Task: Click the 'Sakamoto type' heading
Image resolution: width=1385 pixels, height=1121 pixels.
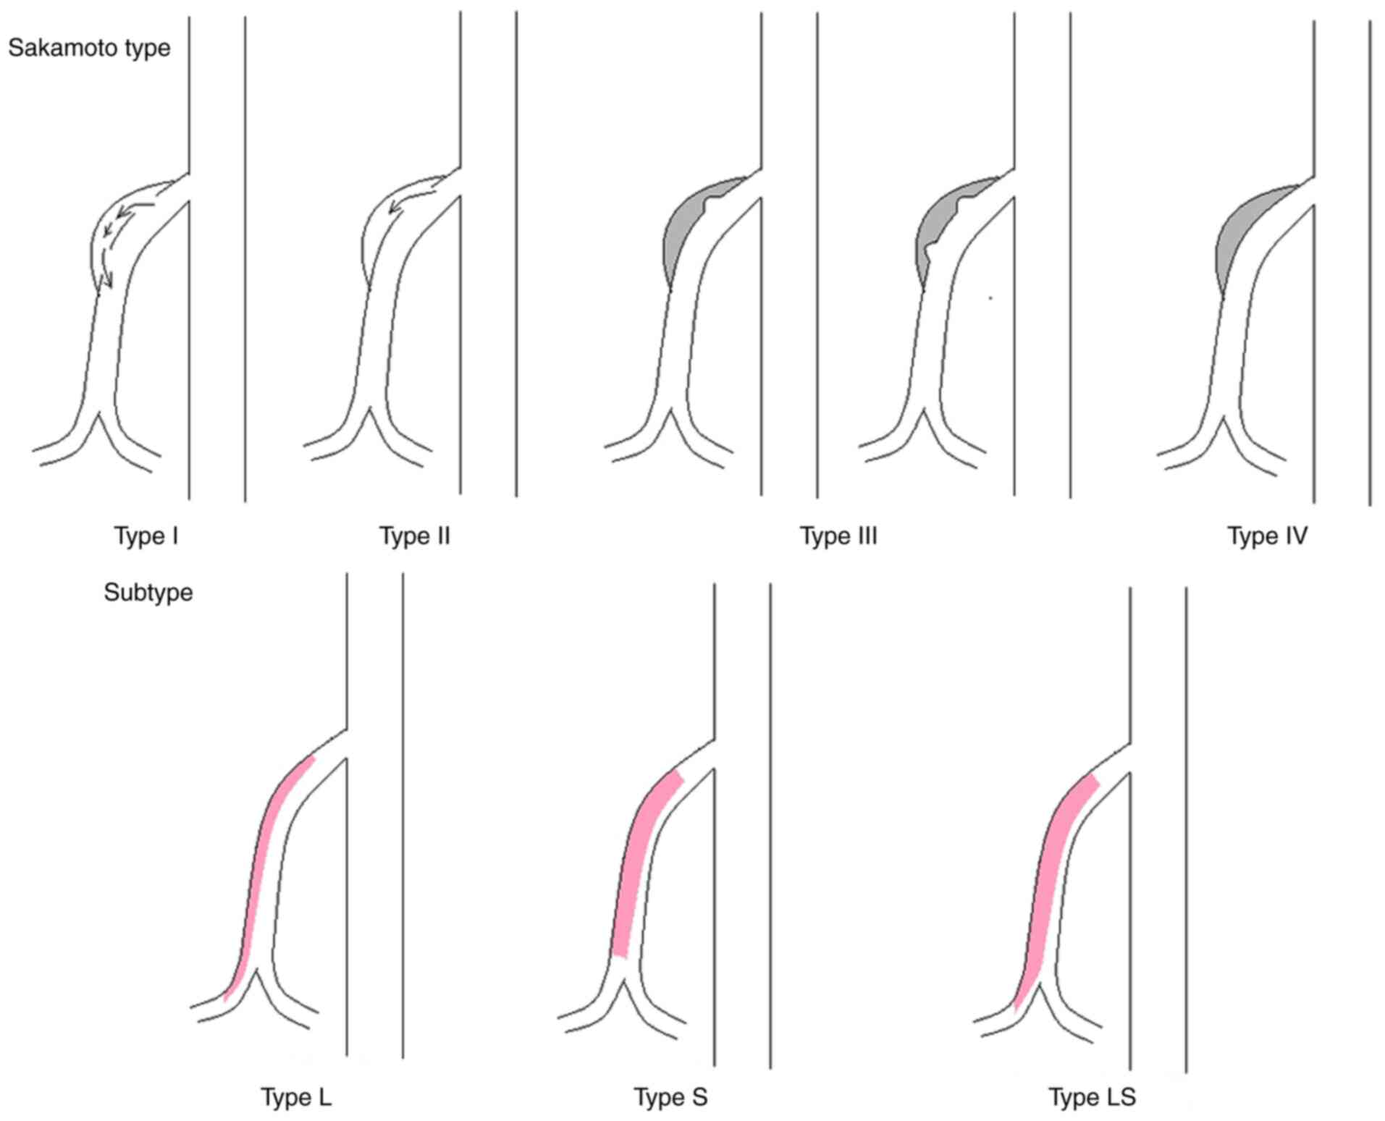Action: coord(89,48)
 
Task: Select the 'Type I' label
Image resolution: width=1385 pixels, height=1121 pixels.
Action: coord(146,536)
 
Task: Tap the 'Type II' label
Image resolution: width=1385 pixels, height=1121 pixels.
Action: coord(414,536)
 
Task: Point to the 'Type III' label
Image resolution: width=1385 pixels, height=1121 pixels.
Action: coord(838,536)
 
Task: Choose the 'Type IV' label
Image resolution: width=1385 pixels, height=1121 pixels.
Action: coord(1267,536)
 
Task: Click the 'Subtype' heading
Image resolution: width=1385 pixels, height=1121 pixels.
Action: coord(148,593)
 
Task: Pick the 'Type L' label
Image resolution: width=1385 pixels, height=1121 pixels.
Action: coord(296,1097)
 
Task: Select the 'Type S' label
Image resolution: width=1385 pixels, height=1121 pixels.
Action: coord(670,1097)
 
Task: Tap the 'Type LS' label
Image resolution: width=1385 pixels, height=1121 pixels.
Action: coord(1092,1097)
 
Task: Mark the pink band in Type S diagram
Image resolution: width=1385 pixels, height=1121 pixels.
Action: coord(631,868)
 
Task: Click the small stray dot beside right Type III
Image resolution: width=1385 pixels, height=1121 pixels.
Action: coord(990,297)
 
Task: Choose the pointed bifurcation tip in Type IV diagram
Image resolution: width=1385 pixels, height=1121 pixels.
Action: coord(1224,418)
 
